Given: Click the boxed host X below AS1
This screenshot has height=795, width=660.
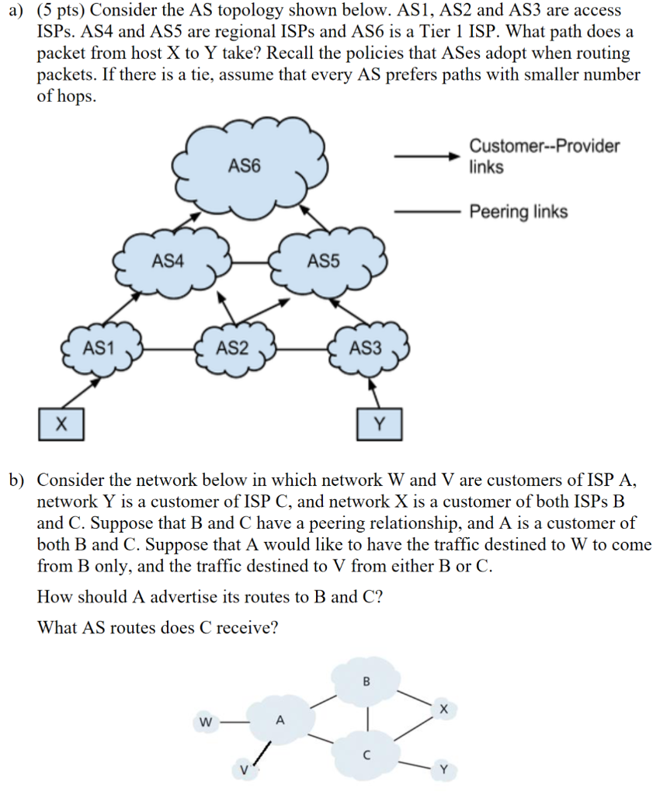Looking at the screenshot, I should pos(61,424).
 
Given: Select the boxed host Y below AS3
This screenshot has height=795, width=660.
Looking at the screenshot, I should pos(379,424).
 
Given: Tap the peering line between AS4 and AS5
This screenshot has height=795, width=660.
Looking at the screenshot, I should pos(250,262).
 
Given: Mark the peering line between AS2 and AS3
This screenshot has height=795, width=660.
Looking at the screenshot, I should pos(303,349).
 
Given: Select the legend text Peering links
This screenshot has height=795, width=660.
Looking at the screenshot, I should pos(518,212).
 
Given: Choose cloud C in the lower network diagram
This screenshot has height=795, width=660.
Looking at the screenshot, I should pos(367,752).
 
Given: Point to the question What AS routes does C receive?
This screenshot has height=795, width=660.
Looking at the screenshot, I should pos(158,627).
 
